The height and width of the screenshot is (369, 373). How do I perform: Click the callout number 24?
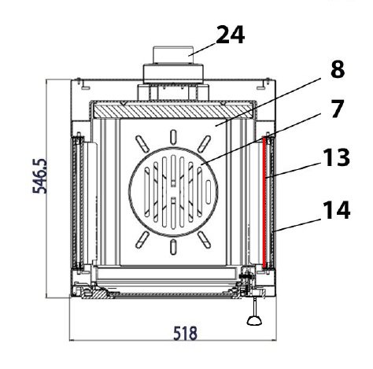click(231, 35)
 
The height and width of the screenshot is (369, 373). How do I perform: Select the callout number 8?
click(338, 69)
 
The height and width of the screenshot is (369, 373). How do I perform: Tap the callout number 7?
click(337, 109)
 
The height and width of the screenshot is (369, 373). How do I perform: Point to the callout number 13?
click(336, 157)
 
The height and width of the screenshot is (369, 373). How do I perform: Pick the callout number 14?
click(336, 209)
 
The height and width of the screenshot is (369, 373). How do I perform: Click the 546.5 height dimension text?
click(39, 175)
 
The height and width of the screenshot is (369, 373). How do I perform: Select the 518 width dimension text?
click(185, 334)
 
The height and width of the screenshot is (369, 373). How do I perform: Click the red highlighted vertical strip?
click(264, 202)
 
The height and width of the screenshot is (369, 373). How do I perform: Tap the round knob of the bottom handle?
click(254, 320)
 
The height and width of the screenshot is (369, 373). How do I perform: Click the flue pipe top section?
click(173, 55)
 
